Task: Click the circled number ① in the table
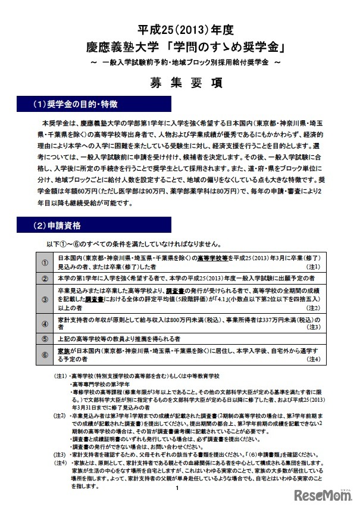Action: (x=45, y=263)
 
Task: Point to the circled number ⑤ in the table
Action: (x=45, y=339)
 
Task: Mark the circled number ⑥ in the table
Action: (x=45, y=355)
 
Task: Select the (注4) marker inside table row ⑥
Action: (x=314, y=360)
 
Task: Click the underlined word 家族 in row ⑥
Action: (x=65, y=351)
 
